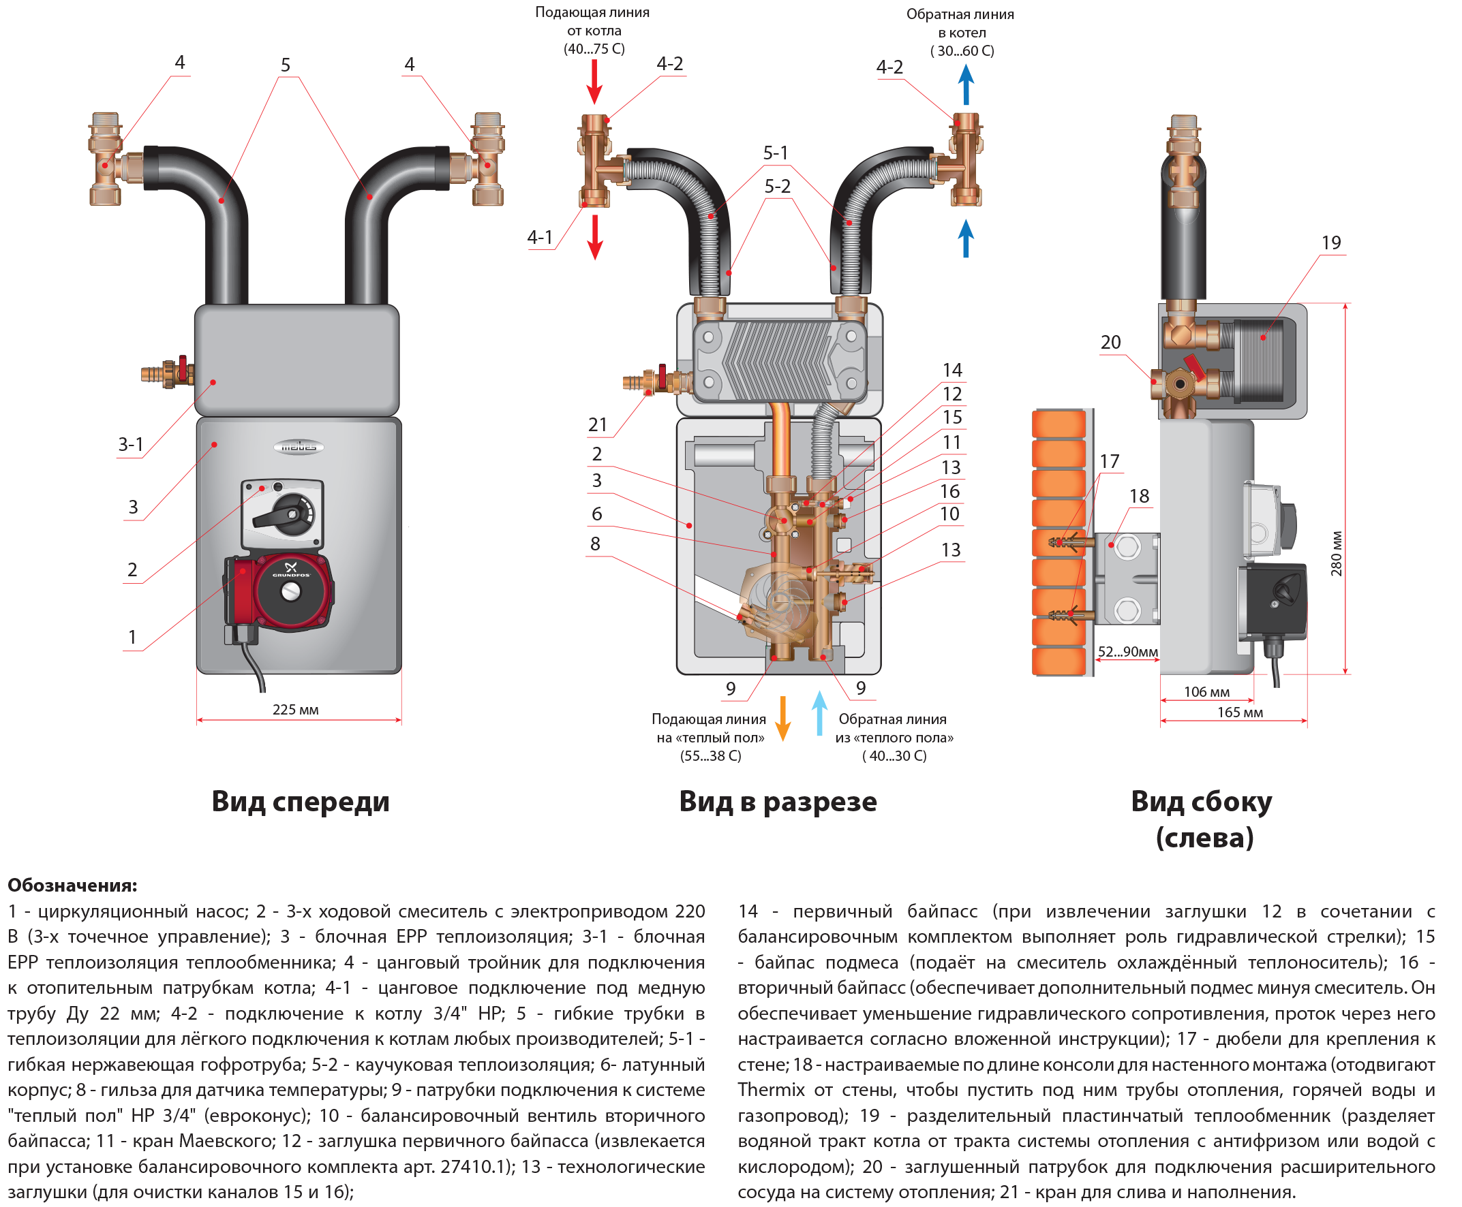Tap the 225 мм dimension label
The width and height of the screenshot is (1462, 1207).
point(296,710)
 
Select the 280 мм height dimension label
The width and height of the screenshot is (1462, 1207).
point(1336,554)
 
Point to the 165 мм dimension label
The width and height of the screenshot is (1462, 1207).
point(1240,712)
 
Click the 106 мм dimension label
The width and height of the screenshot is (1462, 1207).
point(1206,693)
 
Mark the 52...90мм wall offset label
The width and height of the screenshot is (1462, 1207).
point(1128,652)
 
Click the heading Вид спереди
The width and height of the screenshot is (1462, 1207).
point(301,802)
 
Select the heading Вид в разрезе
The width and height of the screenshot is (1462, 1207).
point(778,802)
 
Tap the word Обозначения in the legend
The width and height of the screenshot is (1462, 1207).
point(72,885)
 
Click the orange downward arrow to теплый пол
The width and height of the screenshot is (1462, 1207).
point(783,719)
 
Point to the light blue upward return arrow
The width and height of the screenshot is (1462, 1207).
point(820,713)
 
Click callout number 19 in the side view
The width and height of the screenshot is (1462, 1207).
point(1331,242)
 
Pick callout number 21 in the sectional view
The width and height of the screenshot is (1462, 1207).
point(598,425)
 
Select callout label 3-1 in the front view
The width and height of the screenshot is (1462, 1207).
point(131,444)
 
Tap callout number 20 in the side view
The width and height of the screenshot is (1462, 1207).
point(1111,342)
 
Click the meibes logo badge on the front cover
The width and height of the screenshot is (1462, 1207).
point(299,447)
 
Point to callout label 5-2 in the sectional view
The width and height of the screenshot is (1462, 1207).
point(778,187)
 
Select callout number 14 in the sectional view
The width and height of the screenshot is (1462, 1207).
point(952,370)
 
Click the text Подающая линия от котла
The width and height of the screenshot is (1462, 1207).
point(592,22)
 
